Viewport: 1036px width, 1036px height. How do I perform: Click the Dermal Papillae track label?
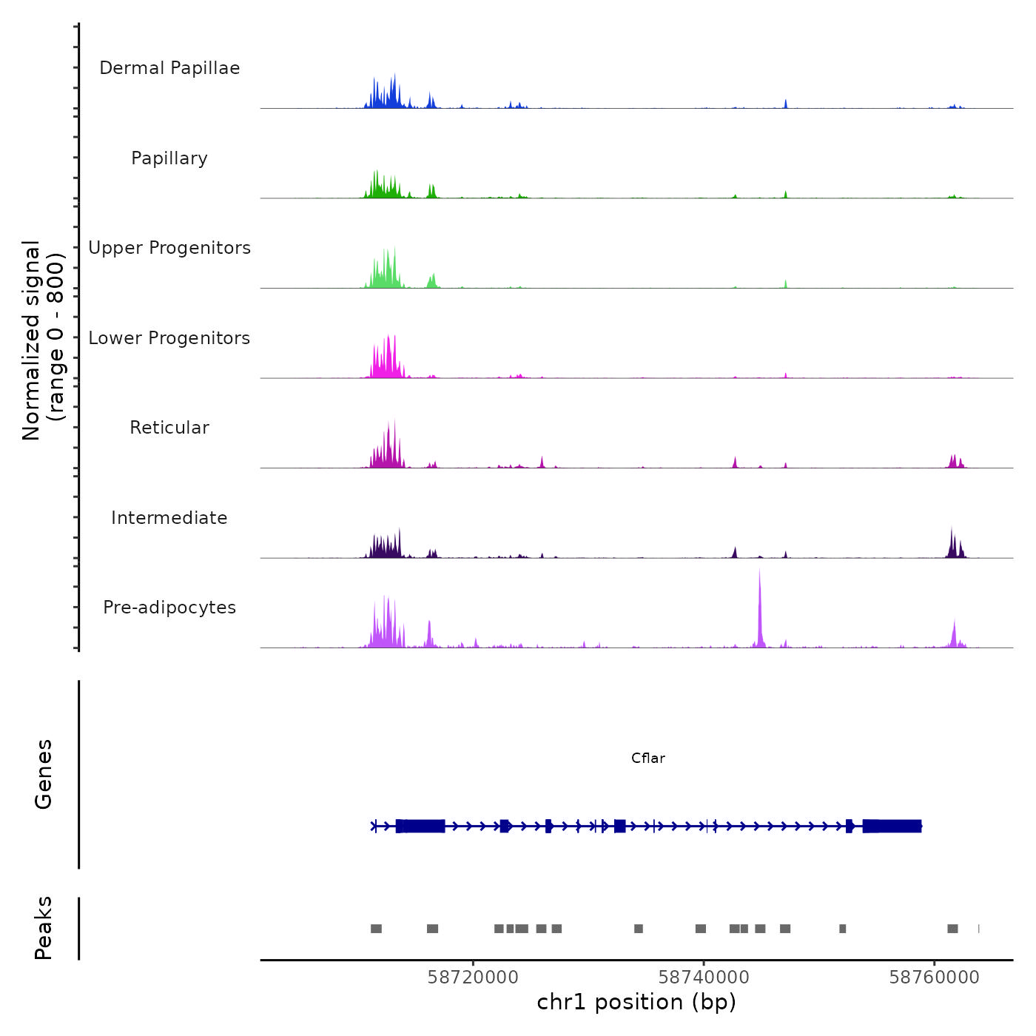pos(169,68)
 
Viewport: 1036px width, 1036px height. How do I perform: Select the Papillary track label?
pos(169,158)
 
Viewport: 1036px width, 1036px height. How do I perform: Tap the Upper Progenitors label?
pos(169,248)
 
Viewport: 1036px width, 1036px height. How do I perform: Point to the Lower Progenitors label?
pos(169,338)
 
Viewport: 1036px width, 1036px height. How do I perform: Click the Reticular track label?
pos(169,428)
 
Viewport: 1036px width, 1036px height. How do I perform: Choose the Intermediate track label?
pos(169,518)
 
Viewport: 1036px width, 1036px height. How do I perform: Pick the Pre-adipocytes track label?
pos(169,608)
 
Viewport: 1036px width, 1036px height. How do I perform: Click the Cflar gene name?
pos(648,758)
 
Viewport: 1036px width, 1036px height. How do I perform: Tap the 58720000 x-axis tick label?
pos(473,978)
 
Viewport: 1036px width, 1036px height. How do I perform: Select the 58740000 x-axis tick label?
pos(704,978)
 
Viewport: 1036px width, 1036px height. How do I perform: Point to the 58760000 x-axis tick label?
pos(934,978)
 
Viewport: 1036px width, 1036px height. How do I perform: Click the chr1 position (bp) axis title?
pos(636,1002)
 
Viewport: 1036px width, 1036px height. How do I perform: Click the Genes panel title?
pos(44,774)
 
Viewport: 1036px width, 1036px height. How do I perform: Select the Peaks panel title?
pos(44,928)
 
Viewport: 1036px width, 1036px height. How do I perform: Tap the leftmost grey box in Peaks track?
pos(376,929)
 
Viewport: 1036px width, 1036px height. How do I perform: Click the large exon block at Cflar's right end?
pos(892,826)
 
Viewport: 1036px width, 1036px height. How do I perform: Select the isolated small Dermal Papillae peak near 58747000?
pos(786,104)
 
